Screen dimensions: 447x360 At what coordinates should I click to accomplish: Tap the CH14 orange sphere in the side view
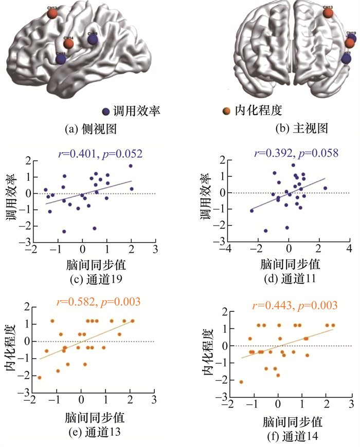point(68,44)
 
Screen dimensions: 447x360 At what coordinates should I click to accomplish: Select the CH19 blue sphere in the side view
point(93,39)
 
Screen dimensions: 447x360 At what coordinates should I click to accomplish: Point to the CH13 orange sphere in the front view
point(328,12)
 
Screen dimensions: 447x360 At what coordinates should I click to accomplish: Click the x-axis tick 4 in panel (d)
point(349,249)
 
